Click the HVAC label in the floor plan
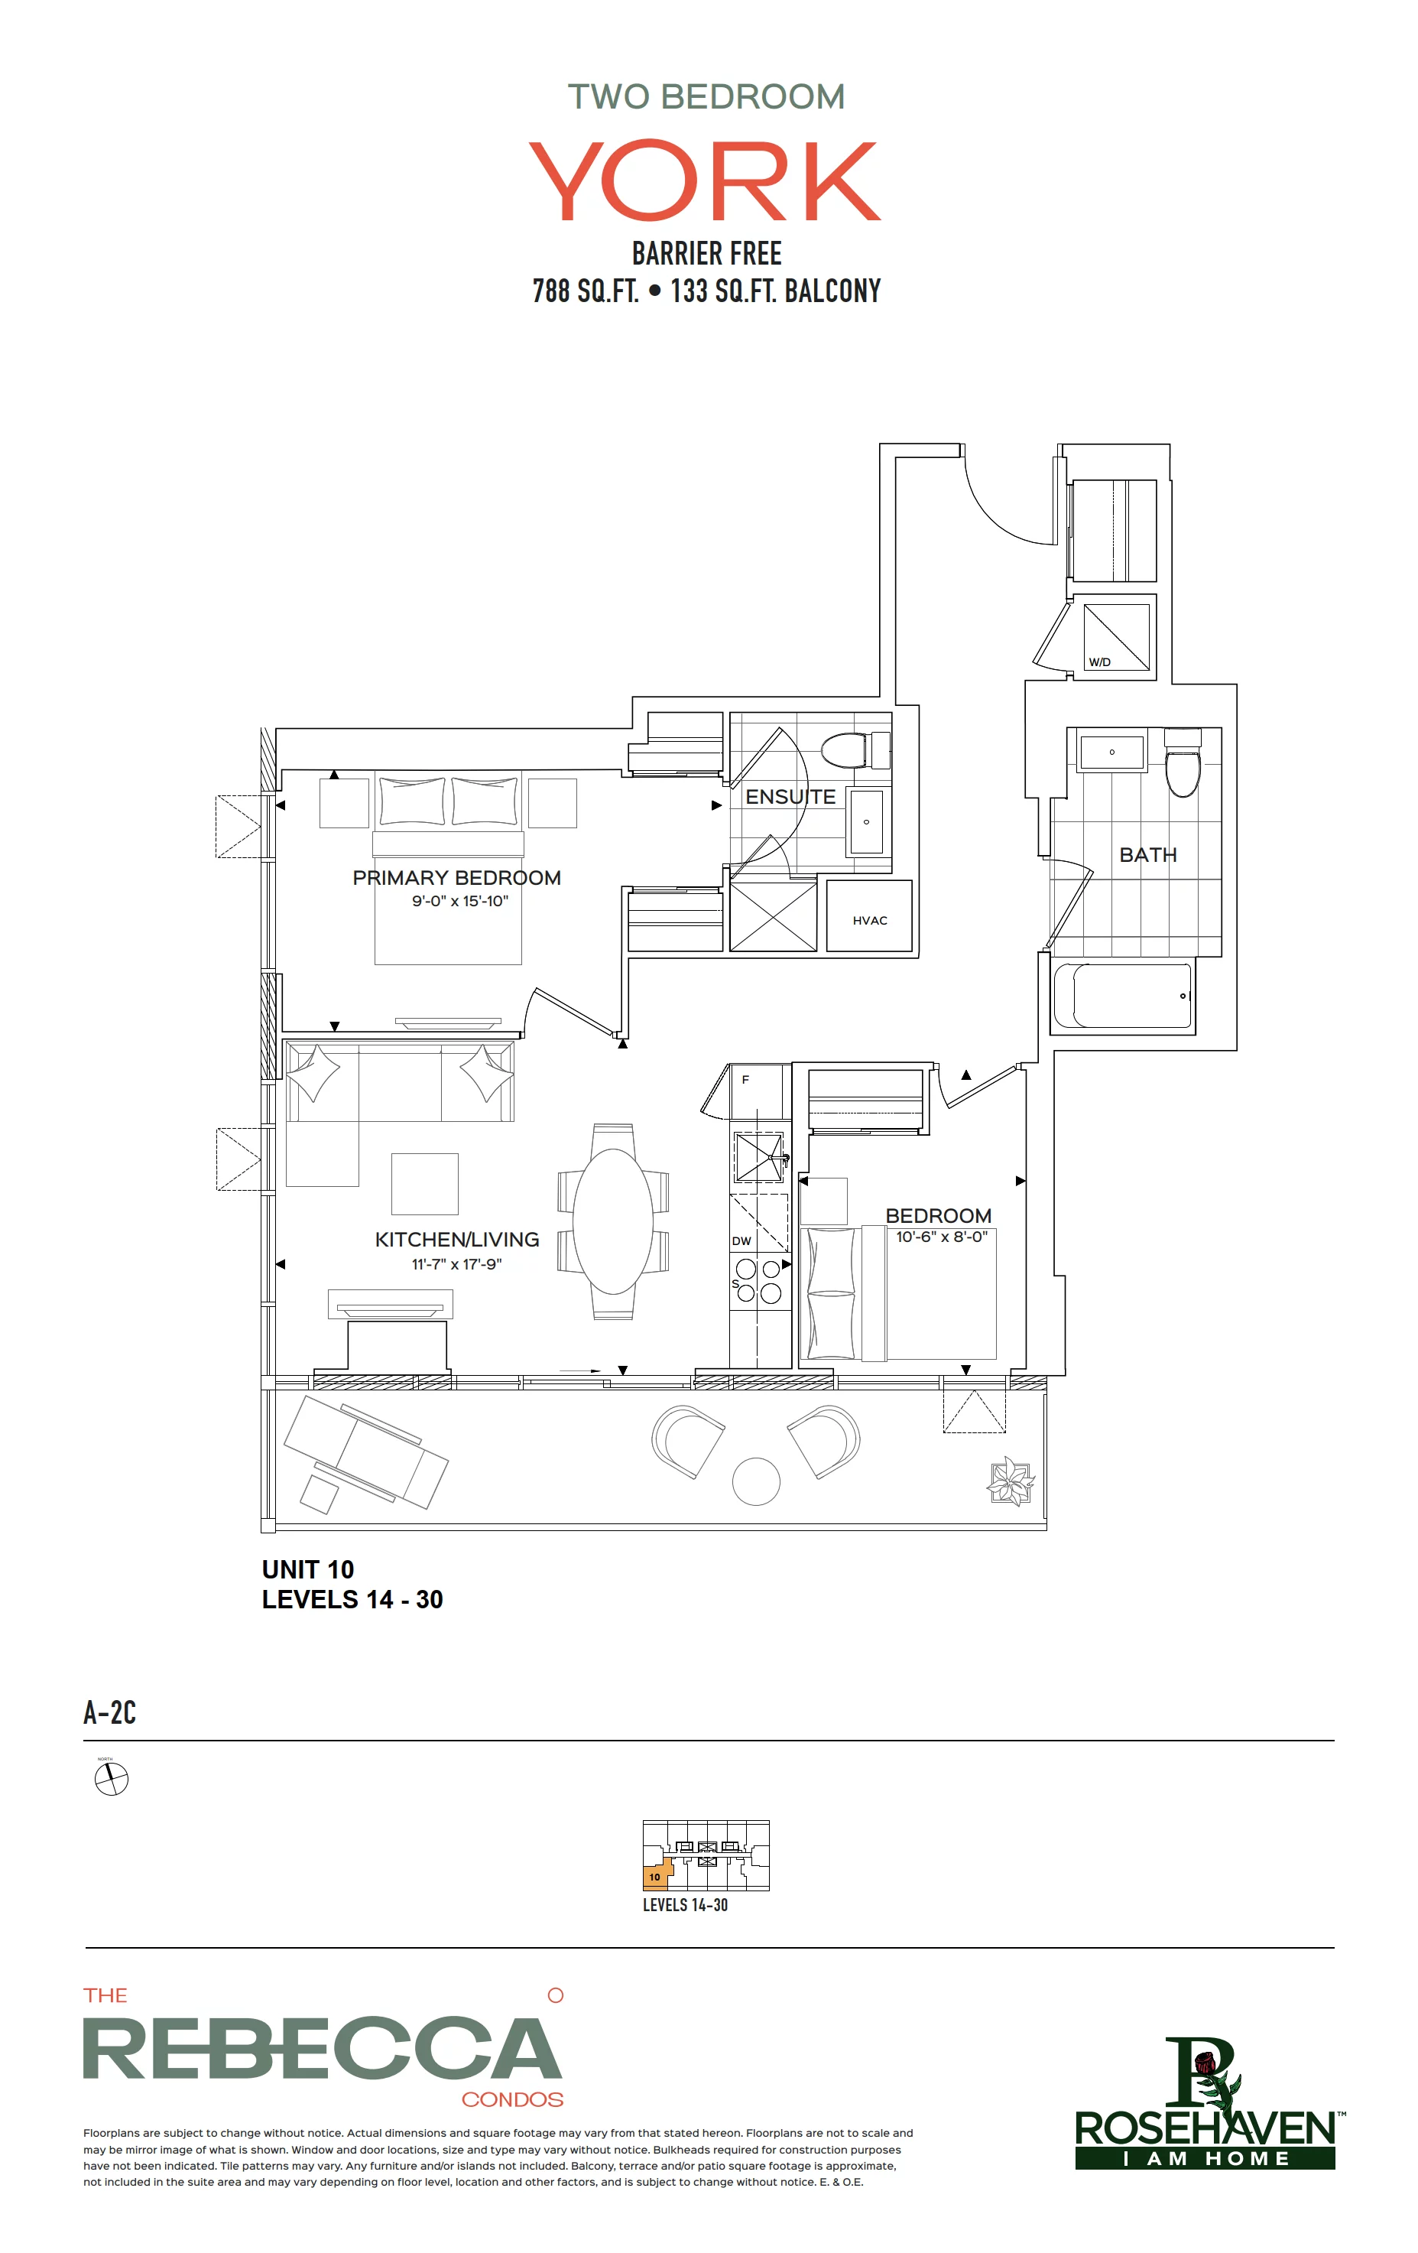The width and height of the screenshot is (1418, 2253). (x=869, y=921)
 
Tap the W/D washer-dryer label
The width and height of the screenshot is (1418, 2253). (x=1099, y=662)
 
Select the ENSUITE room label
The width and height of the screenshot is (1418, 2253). (x=790, y=797)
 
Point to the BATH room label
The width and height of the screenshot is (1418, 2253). (x=1147, y=855)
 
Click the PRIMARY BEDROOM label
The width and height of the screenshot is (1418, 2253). (x=456, y=878)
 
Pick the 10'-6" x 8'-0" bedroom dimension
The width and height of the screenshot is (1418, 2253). (x=941, y=1237)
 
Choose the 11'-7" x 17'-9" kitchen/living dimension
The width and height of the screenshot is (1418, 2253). (x=456, y=1264)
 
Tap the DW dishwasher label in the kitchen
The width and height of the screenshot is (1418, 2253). (x=741, y=1241)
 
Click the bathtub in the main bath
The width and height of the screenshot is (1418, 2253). (x=1122, y=996)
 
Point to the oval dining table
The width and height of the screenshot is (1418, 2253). (x=612, y=1221)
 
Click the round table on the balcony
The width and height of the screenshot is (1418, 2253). (x=756, y=1482)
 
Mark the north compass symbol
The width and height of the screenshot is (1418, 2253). (x=112, y=1779)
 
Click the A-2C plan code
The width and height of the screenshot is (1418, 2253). (x=109, y=1712)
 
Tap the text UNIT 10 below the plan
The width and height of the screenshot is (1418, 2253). (x=308, y=1569)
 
